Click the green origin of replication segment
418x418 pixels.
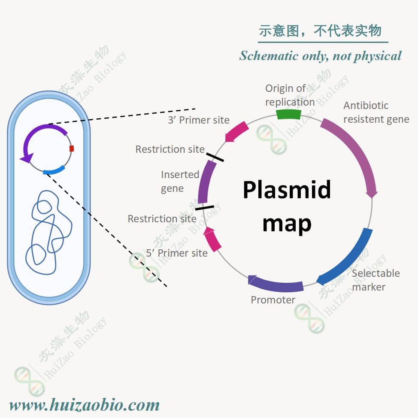pyautogui.click(x=288, y=114)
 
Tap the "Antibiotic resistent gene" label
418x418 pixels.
pyautogui.click(x=376, y=112)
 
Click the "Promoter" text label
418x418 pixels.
pyautogui.click(x=273, y=300)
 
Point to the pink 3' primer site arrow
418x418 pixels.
pyautogui.click(x=237, y=131)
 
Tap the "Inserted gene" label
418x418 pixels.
pyautogui.click(x=180, y=182)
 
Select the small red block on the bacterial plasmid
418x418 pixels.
pyautogui.click(x=71, y=148)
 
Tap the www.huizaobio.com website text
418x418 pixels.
pyautogui.click(x=84, y=405)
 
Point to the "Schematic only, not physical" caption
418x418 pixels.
pyautogui.click(x=320, y=56)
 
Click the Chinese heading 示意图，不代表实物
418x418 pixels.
pyautogui.click(x=320, y=31)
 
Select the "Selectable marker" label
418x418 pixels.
pyautogui.click(x=375, y=280)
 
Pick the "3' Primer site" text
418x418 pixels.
pyautogui.click(x=198, y=120)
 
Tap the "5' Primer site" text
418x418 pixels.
pyautogui.click(x=177, y=253)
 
